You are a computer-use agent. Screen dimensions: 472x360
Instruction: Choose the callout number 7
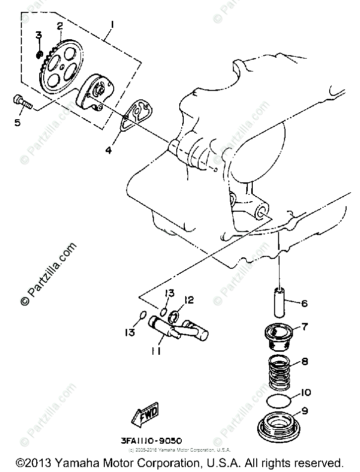pyautogui.click(x=304, y=327)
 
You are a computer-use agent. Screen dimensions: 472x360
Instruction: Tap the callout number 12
pyautogui.click(x=189, y=300)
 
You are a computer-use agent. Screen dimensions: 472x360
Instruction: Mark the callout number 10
pyautogui.click(x=305, y=393)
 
